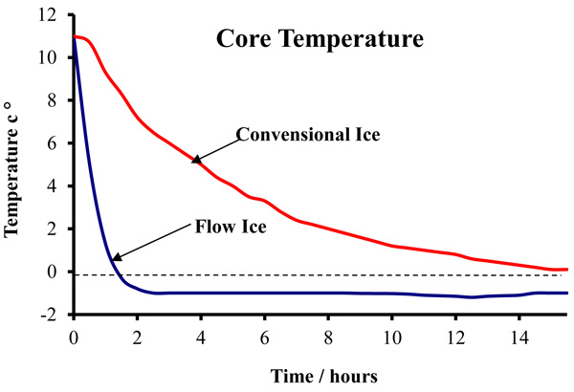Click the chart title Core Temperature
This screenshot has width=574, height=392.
tap(320, 38)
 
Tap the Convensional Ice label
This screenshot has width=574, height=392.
tap(308, 134)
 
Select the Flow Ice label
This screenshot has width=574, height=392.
tap(231, 227)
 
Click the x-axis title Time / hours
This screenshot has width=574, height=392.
tap(323, 376)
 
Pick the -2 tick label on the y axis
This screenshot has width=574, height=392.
tap(49, 315)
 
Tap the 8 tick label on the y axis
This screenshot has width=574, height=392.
tap(53, 100)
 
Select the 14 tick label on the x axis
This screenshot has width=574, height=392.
tap(519, 338)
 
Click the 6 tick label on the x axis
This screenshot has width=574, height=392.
tap(265, 338)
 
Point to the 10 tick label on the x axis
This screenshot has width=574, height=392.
tap(392, 338)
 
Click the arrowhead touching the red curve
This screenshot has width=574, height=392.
tap(196, 160)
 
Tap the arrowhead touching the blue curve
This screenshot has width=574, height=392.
tap(117, 256)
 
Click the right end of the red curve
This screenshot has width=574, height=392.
tap(567, 270)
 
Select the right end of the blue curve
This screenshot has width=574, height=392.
tap(567, 293)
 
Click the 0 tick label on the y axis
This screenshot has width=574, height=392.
tap(53, 272)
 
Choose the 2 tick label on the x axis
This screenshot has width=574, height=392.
tap(137, 338)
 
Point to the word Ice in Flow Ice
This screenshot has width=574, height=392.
tap(254, 227)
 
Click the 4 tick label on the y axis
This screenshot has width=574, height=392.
tap(53, 186)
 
